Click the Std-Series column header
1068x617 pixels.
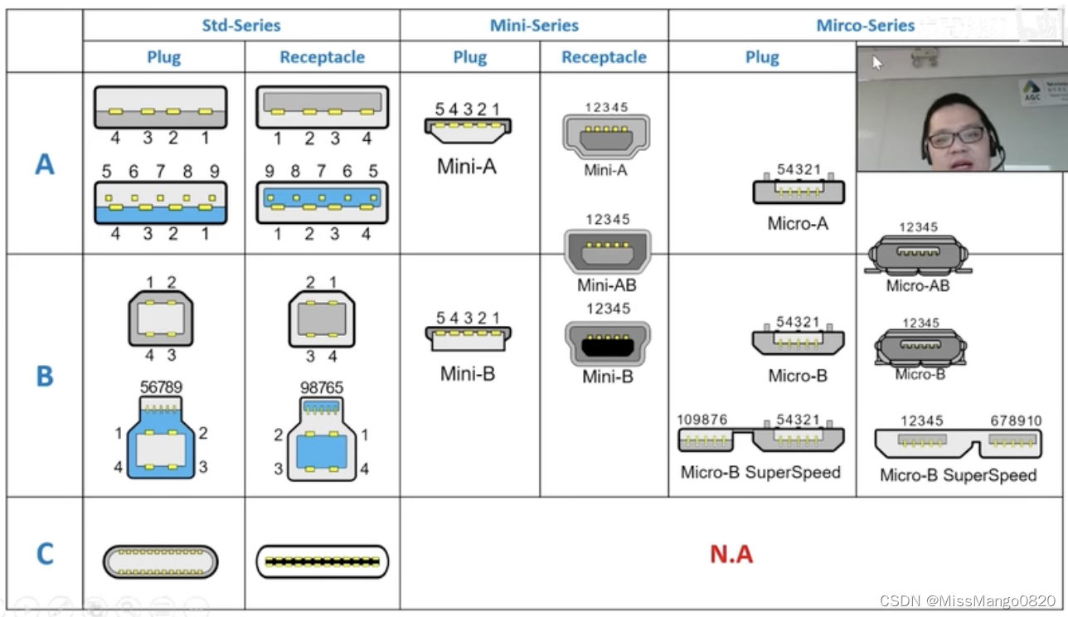pyautogui.click(x=241, y=25)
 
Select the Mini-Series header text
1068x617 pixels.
pyautogui.click(x=534, y=25)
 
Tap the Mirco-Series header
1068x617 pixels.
pyautogui.click(x=865, y=25)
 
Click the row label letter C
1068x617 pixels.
pyautogui.click(x=45, y=553)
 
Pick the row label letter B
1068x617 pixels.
pyautogui.click(x=45, y=377)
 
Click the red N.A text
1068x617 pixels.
pyautogui.click(x=731, y=554)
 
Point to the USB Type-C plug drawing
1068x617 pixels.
pyautogui.click(x=160, y=561)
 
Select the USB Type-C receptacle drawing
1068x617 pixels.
pyautogui.click(x=322, y=561)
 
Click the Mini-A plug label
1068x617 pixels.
pyautogui.click(x=467, y=166)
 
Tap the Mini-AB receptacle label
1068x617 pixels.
pyautogui.click(x=607, y=285)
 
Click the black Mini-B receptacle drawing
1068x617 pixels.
pyautogui.click(x=608, y=344)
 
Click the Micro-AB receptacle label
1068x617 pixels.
pyautogui.click(x=917, y=285)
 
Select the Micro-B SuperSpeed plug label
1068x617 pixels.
pyautogui.click(x=760, y=472)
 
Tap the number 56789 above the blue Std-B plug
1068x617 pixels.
pyautogui.click(x=161, y=387)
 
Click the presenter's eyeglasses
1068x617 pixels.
pyautogui.click(x=955, y=136)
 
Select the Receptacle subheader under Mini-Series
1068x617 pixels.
pyautogui.click(x=604, y=57)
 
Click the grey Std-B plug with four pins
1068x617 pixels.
pyautogui.click(x=160, y=318)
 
